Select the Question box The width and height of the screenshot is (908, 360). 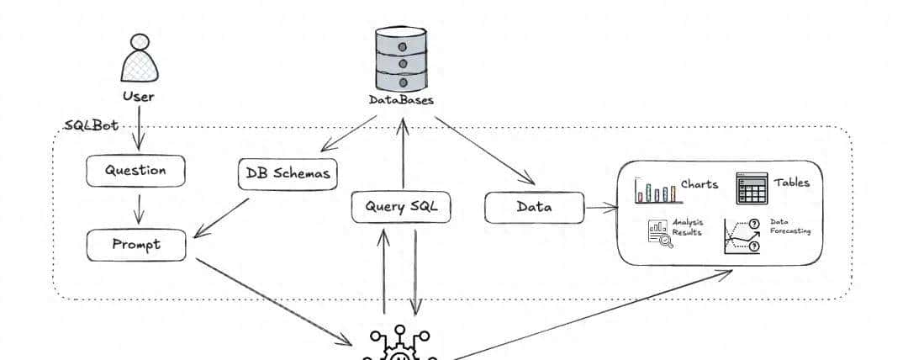click(x=135, y=171)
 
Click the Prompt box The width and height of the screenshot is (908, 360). click(x=136, y=245)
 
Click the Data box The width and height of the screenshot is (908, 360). click(x=534, y=207)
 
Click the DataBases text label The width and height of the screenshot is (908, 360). click(x=401, y=100)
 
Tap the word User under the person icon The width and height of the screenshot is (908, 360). click(x=139, y=96)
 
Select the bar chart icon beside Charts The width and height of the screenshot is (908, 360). click(x=655, y=190)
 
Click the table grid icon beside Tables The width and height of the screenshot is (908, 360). click(x=752, y=188)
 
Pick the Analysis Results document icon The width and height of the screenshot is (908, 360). click(x=658, y=232)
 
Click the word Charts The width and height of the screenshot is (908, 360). click(x=699, y=183)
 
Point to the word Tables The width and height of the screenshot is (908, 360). click(x=792, y=183)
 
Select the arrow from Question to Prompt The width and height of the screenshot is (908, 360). click(x=139, y=208)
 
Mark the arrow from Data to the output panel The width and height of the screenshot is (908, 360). click(x=601, y=207)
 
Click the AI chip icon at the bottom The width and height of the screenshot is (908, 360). click(x=401, y=347)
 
